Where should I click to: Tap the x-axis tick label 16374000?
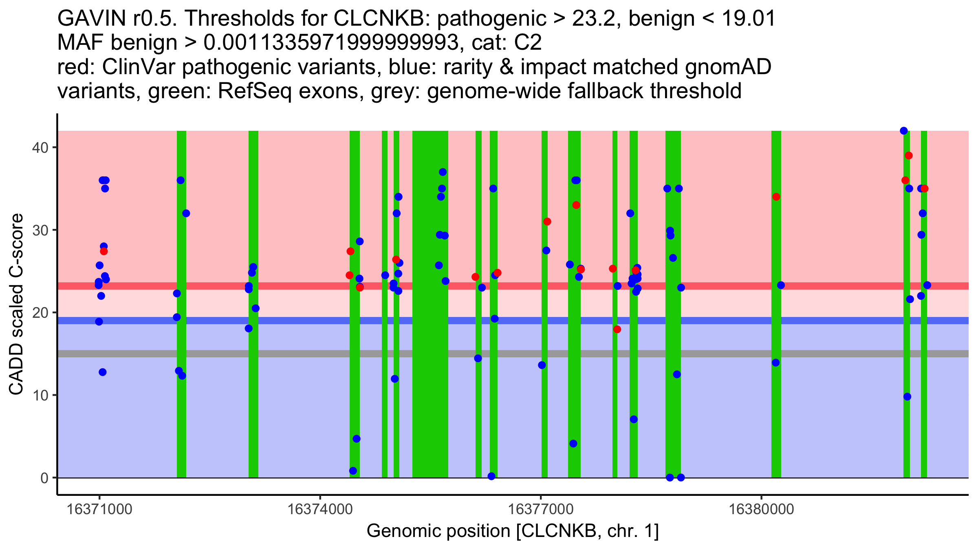(x=320, y=509)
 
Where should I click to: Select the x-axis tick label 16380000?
(x=761, y=509)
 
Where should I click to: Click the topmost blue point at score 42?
(x=903, y=131)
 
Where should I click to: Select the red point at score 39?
(x=908, y=156)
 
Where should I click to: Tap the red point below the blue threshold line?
(x=617, y=329)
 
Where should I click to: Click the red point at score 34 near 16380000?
(x=776, y=197)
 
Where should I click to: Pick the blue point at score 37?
(x=443, y=172)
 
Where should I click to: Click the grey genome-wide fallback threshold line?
(x=285, y=354)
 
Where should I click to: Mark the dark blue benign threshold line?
(x=285, y=321)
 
